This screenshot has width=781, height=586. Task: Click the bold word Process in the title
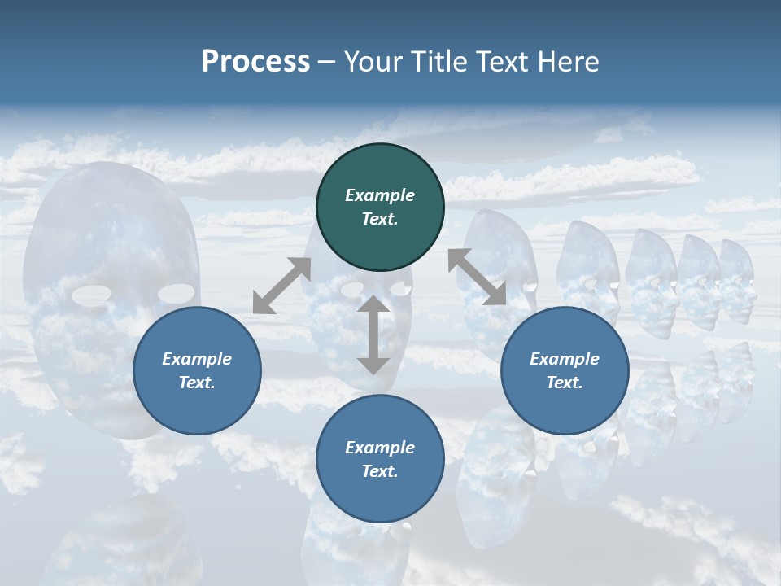pos(255,62)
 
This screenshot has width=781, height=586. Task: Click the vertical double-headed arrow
pos(373,335)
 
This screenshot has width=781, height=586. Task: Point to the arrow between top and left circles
pos(281,286)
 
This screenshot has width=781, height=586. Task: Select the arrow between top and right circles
pos(478,277)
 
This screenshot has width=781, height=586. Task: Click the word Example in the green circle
pos(380,195)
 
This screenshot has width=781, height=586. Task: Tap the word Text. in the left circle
pos(197,383)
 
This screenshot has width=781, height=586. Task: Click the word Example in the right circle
pos(565,359)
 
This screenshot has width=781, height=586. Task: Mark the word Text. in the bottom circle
pos(380,471)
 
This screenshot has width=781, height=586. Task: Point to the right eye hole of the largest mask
pos(177,292)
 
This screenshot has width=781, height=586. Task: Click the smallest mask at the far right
pos(737,281)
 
